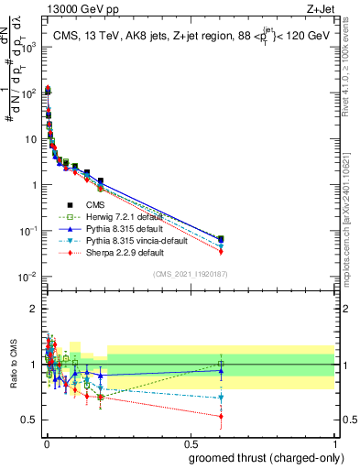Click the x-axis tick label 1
pyautogui.click(x=335, y=442)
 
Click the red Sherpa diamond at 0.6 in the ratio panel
pyautogui.click(x=220, y=416)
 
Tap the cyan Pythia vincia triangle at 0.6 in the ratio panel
pyautogui.click(x=220, y=398)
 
